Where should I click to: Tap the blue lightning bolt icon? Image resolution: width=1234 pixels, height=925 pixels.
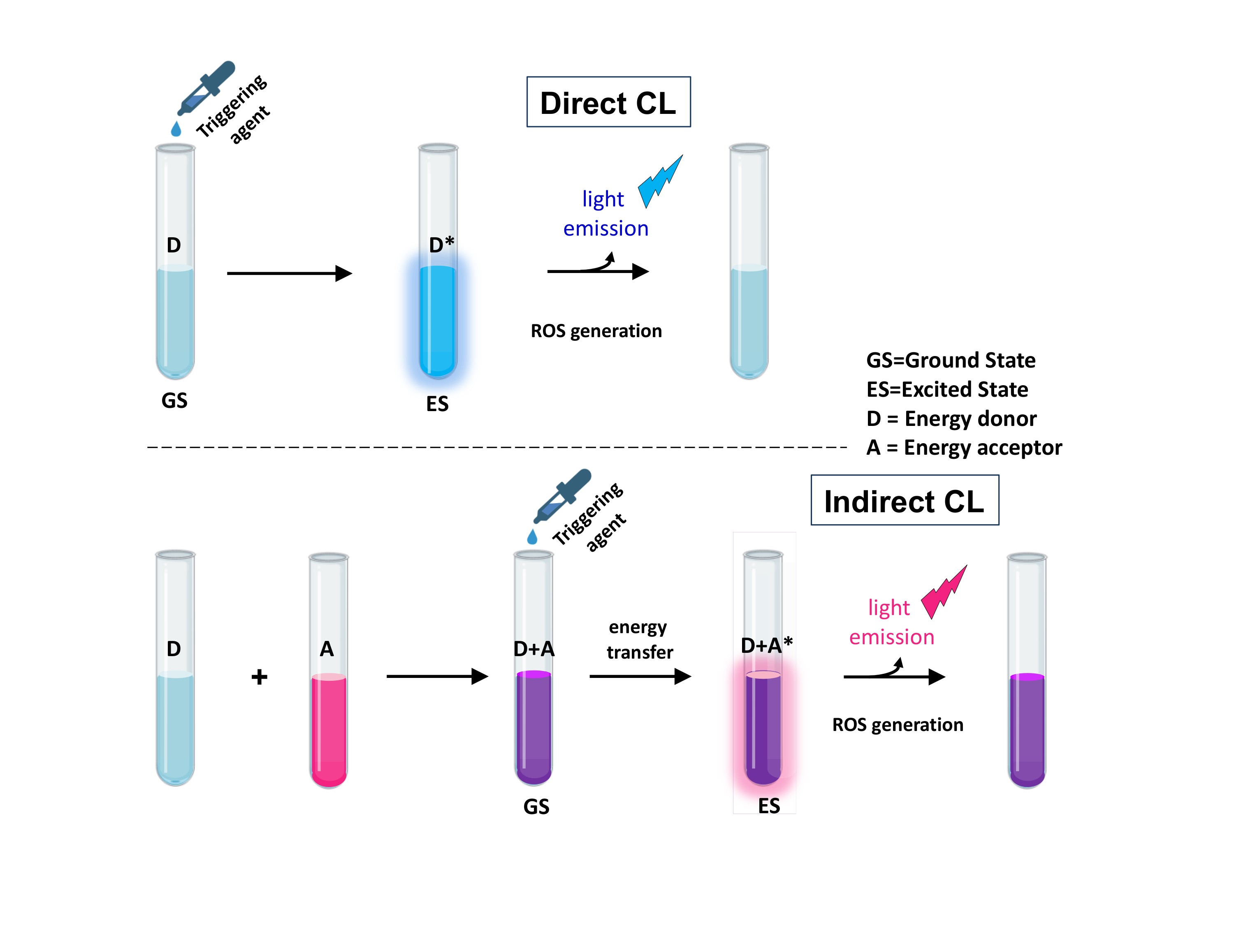[659, 181]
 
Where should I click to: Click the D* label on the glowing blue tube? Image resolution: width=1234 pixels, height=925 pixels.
[441, 245]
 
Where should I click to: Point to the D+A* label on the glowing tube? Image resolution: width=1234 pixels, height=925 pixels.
[766, 645]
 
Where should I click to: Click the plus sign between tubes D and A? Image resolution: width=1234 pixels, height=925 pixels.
[260, 677]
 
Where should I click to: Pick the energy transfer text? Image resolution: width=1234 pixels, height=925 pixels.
[639, 639]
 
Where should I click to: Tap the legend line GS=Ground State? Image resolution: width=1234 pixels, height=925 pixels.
[950, 360]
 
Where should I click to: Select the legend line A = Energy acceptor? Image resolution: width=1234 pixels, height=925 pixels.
[963, 448]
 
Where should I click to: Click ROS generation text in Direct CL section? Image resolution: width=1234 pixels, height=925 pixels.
[596, 331]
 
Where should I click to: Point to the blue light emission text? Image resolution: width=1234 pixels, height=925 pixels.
[605, 213]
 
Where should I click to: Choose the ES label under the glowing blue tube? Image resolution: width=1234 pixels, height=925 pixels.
[437, 404]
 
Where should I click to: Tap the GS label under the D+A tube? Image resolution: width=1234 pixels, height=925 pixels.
[536, 807]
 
